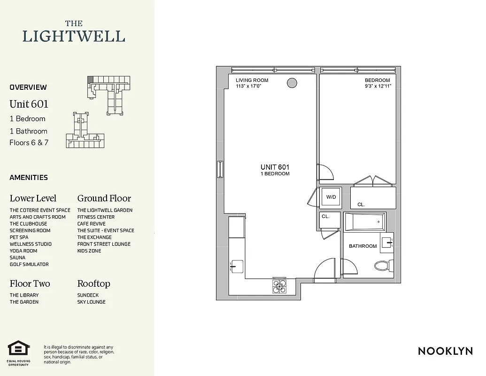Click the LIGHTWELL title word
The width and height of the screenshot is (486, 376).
point(74,36)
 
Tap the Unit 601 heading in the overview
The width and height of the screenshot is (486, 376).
point(29,104)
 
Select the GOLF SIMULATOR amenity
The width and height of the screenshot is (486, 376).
point(29,264)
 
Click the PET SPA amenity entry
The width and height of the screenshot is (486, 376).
point(19,237)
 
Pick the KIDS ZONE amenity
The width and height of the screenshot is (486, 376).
point(89,251)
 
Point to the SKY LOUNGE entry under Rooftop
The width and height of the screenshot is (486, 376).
point(91,302)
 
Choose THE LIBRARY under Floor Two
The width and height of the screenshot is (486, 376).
point(24,295)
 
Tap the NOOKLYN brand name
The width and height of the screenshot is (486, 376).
point(445,351)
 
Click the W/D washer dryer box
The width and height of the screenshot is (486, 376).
point(331,197)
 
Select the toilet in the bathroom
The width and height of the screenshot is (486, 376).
point(383,266)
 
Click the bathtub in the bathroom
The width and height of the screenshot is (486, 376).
point(364,221)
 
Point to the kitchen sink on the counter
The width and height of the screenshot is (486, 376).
point(237,266)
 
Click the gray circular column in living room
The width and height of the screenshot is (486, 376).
point(292,83)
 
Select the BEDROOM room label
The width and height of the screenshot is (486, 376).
point(377,80)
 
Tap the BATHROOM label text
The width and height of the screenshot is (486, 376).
point(363,246)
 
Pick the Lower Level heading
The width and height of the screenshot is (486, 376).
point(33,198)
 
